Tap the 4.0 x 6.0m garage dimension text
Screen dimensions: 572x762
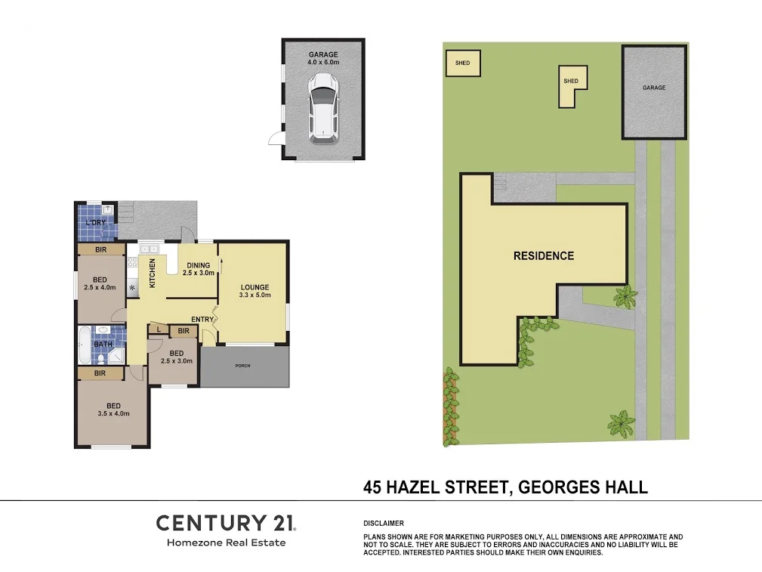[322, 63]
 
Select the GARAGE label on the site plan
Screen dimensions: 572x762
[654, 88]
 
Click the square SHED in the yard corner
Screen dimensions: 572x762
[463, 63]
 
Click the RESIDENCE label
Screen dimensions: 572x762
[544, 255]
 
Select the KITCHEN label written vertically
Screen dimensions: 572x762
[152, 273]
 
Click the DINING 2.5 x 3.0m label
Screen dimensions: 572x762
[199, 269]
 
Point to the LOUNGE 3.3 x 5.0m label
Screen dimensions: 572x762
[255, 291]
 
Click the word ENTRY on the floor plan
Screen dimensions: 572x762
[202, 320]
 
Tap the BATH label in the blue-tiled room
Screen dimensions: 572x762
[103, 345]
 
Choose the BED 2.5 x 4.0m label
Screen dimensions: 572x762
[100, 283]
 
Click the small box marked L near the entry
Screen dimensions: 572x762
[159, 329]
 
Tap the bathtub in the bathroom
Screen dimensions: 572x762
[84, 346]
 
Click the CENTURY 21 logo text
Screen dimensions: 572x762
[226, 522]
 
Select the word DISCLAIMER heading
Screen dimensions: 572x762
[384, 523]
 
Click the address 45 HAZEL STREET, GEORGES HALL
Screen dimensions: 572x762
[505, 487]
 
